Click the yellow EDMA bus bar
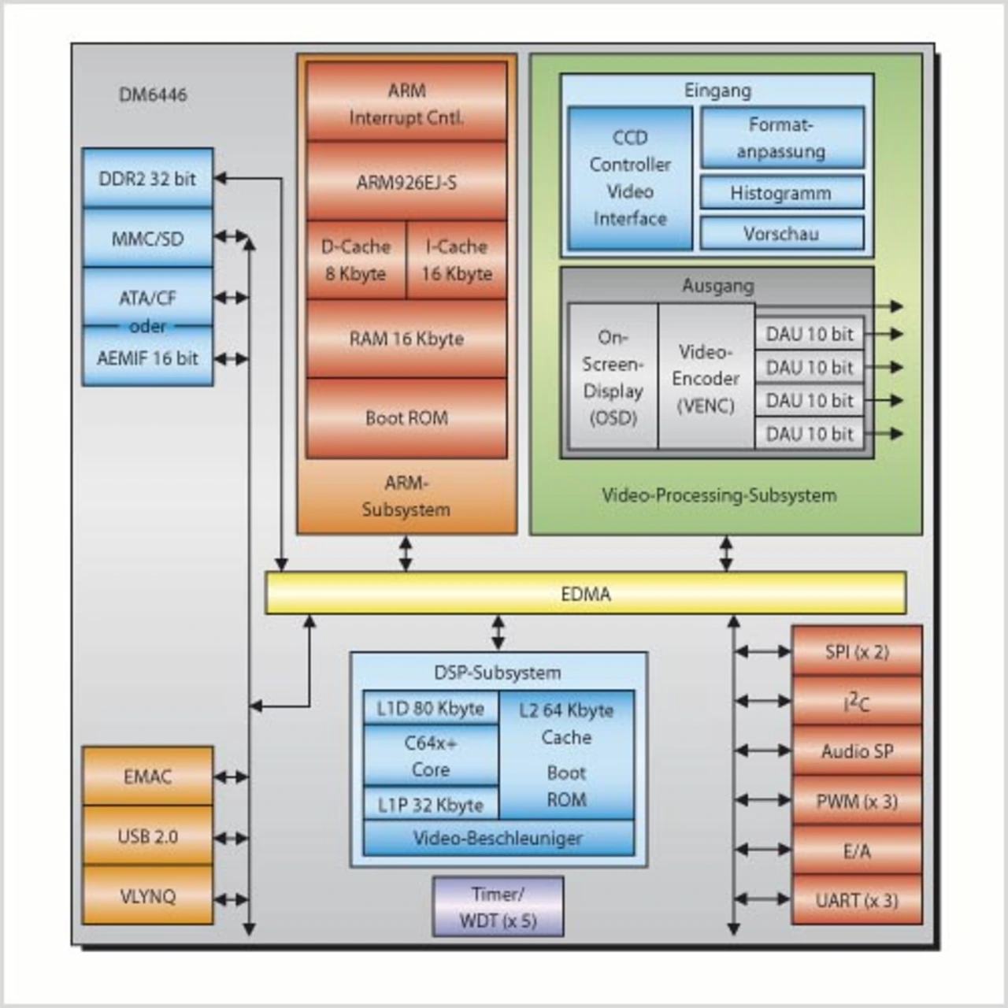click(x=585, y=593)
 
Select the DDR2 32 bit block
click(x=147, y=179)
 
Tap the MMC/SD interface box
click(x=147, y=238)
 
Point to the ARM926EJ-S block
click(x=406, y=182)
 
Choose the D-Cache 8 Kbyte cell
click(x=356, y=260)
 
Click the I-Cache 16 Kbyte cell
click(x=457, y=260)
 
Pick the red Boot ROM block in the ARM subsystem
click(x=406, y=417)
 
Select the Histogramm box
click(x=781, y=193)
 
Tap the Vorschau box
click(x=781, y=234)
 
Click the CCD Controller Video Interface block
click(x=630, y=178)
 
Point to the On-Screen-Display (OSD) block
click(x=613, y=377)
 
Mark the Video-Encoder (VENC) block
click(x=706, y=378)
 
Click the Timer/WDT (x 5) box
click(x=498, y=907)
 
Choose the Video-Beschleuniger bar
click(x=498, y=839)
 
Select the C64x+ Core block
click(x=431, y=756)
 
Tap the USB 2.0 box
click(x=147, y=836)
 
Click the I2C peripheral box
click(x=857, y=701)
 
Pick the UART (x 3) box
click(x=857, y=900)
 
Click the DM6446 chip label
click(x=153, y=94)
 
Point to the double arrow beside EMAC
click(x=231, y=777)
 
